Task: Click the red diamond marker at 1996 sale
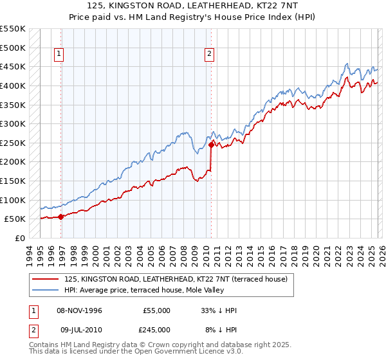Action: pyautogui.click(x=61, y=217)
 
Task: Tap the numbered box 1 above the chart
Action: pyautogui.click(x=59, y=55)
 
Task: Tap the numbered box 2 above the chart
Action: pyautogui.click(x=210, y=55)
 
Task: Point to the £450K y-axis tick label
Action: pyautogui.click(x=14, y=66)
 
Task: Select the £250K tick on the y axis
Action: pyautogui.click(x=14, y=143)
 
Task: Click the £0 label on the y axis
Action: pyautogui.click(x=20, y=238)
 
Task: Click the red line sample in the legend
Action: pyautogui.click(x=46, y=278)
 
